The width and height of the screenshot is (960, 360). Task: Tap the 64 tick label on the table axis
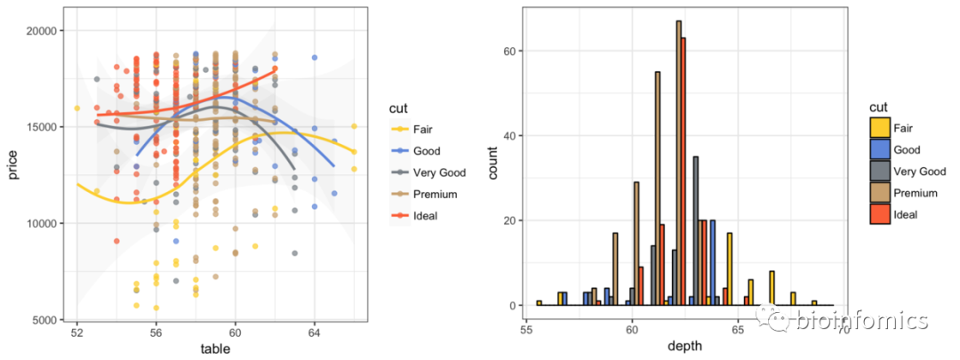(314, 333)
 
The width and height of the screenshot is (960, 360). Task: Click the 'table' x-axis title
(215, 349)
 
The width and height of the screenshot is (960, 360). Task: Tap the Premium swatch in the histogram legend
(879, 193)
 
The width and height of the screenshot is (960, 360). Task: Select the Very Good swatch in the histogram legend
(879, 172)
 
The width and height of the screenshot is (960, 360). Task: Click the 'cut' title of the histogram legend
(877, 108)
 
